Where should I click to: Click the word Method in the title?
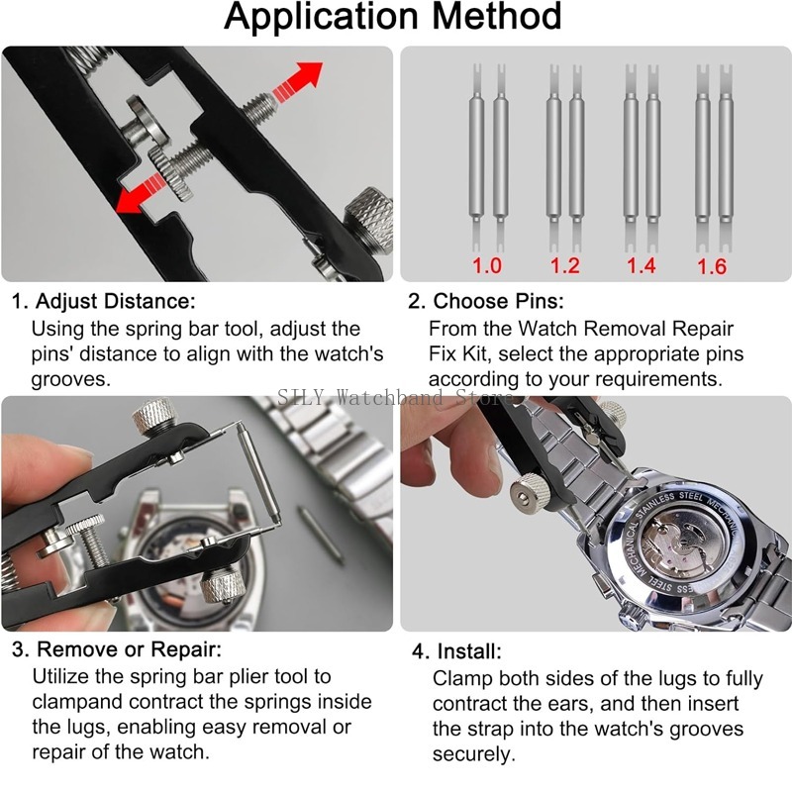point(497,16)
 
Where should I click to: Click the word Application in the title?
point(321,18)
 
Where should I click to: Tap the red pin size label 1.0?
point(486,265)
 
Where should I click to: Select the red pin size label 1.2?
point(564,265)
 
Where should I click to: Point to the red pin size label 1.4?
point(641,265)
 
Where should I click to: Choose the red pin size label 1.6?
point(711,266)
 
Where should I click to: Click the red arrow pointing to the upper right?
point(298,80)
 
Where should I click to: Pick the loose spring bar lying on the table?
point(321,536)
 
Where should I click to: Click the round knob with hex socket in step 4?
point(529,492)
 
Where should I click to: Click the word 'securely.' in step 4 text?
point(474,754)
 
